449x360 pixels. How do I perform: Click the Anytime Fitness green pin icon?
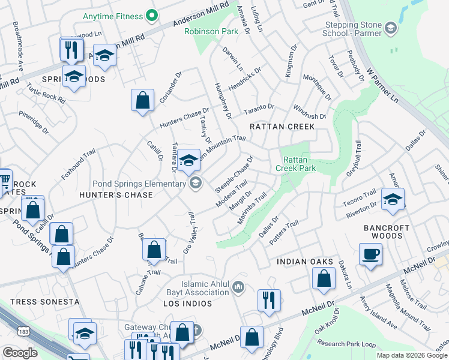[152, 14]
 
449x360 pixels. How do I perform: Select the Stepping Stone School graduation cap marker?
[391, 28]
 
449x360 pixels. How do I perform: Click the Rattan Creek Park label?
[300, 164]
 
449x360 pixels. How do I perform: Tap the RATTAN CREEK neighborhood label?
[282, 127]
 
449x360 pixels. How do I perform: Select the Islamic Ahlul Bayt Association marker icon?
[239, 288]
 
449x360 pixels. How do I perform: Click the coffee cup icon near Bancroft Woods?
[370, 254]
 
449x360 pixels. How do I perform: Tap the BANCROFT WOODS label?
[387, 232]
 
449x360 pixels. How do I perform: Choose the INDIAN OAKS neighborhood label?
[304, 262]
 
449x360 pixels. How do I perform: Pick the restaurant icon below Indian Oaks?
[269, 300]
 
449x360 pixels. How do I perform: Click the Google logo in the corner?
[20, 353]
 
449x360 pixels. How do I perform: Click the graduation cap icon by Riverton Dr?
[393, 199]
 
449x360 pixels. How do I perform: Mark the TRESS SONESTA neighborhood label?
[44, 301]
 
